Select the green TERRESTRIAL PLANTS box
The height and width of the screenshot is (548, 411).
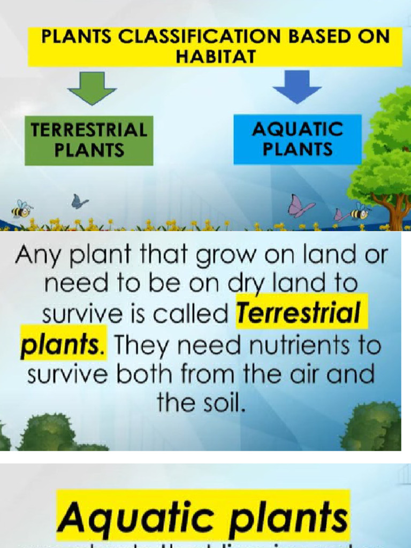(x=89, y=140)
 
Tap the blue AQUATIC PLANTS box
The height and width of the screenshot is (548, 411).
(x=297, y=139)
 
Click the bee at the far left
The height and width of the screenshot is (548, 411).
(x=21, y=209)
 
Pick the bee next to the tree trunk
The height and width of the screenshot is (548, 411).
(x=360, y=212)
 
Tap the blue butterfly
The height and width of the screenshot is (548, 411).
(x=79, y=202)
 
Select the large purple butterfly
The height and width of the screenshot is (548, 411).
(x=300, y=206)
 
